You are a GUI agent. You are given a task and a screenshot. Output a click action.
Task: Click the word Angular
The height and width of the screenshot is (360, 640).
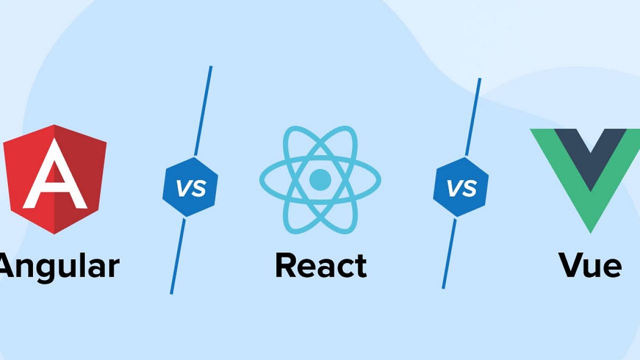click(59, 266)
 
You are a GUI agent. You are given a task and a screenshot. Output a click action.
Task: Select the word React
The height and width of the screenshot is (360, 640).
click(321, 265)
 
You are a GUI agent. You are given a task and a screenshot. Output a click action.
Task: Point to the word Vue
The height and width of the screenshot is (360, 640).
click(590, 265)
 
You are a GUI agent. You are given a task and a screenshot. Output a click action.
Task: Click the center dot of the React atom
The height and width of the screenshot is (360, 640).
click(320, 179)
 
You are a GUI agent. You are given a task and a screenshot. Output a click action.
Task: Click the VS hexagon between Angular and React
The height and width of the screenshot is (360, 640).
click(190, 187)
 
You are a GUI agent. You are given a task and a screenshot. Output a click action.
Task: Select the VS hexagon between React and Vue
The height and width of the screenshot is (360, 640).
click(461, 187)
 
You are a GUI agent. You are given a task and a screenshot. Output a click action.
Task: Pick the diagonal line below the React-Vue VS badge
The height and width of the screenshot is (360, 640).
click(449, 253)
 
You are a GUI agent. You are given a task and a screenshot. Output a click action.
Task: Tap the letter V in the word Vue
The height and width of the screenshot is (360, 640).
click(570, 265)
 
